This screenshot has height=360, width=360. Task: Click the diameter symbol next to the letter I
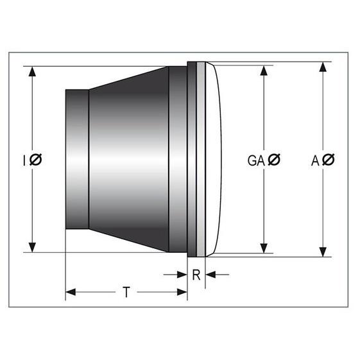(36, 160)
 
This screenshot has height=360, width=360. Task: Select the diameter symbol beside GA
(273, 160)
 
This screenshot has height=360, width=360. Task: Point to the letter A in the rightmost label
(315, 160)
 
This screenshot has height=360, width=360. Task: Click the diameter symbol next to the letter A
(328, 160)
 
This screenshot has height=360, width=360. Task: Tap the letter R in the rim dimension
(196, 275)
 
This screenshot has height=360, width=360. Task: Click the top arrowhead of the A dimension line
(323, 67)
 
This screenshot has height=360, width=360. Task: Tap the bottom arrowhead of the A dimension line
(323, 252)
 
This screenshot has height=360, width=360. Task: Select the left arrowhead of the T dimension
(71, 293)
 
